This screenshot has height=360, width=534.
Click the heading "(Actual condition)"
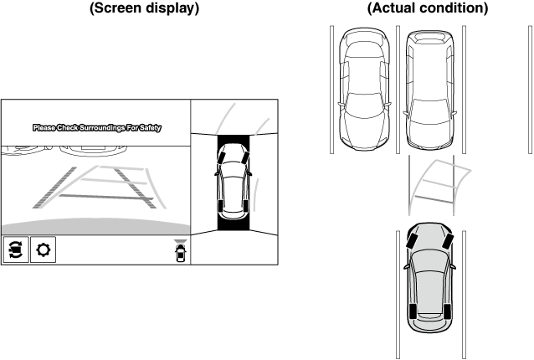pyautogui.click(x=427, y=8)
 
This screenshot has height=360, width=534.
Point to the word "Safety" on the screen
pyautogui.click(x=151, y=128)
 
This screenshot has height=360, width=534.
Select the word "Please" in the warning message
pyautogui.click(x=44, y=128)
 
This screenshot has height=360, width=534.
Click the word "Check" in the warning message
pyautogui.click(x=71, y=128)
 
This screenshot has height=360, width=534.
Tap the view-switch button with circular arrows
pyautogui.click(x=15, y=250)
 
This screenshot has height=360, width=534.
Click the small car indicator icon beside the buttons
pyautogui.click(x=179, y=252)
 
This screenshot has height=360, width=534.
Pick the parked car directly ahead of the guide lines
pyautogui.click(x=431, y=88)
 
